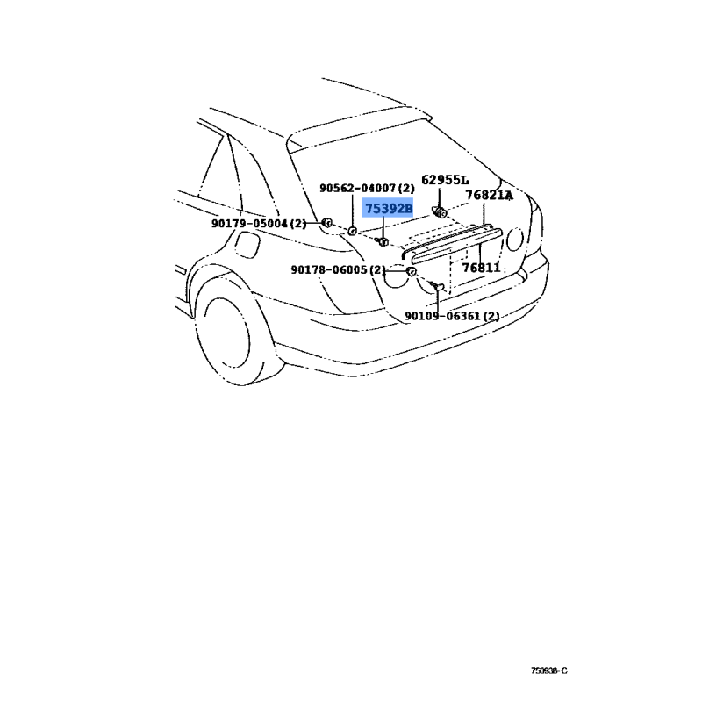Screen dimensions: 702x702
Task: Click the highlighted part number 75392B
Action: (x=388, y=209)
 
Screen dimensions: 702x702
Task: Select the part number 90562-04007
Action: (x=358, y=188)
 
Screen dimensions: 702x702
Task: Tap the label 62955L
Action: (x=445, y=180)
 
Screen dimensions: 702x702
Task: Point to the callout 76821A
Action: (x=489, y=195)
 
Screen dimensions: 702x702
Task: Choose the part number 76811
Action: (x=481, y=268)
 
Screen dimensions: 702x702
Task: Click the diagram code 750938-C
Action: (x=549, y=670)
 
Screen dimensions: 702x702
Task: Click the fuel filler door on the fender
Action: (x=247, y=245)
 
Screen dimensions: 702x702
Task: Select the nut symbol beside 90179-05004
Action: (x=326, y=222)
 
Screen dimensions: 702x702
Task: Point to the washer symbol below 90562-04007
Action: (x=353, y=231)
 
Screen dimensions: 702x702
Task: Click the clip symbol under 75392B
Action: (x=383, y=242)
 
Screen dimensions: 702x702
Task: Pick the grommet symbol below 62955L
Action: (x=440, y=211)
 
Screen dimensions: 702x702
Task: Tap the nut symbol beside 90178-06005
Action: (x=411, y=271)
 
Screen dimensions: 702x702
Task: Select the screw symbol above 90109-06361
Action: (x=436, y=285)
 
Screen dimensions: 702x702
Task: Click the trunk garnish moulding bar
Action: (x=455, y=246)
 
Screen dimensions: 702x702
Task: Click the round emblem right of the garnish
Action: (x=515, y=240)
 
